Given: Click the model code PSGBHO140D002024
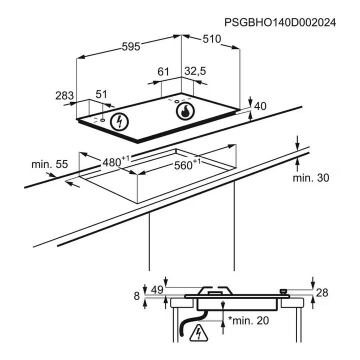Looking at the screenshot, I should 279,22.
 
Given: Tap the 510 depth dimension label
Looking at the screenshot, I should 212,39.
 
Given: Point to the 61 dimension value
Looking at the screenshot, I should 163,71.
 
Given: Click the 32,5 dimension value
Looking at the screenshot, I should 195,71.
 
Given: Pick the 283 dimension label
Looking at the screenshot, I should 65,95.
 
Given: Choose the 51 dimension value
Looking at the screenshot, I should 101,94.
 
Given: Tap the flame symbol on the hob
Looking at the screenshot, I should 185,112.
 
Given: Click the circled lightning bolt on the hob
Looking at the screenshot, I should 119,121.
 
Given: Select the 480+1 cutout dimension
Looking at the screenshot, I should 115,161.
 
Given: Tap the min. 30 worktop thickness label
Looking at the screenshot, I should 311,177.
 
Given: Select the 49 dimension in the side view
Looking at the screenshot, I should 157,289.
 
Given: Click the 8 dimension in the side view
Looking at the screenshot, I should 137,295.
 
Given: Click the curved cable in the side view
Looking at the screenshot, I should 184,326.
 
